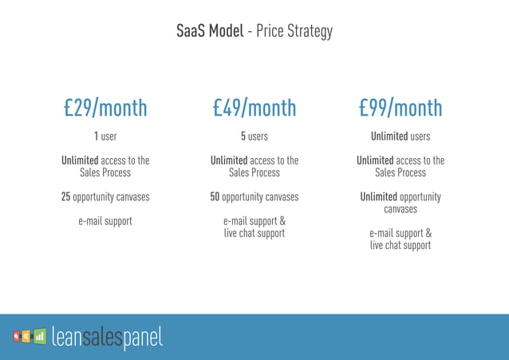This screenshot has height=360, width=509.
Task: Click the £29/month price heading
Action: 105,108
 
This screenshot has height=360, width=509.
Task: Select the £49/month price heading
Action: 254,108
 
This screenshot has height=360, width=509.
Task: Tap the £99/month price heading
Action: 400,108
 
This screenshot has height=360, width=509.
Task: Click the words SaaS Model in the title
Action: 210,32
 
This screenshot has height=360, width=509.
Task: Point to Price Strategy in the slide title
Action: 294,33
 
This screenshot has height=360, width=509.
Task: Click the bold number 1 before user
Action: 97,136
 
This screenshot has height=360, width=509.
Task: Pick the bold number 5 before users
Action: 243,136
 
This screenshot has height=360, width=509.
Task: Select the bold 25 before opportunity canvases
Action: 66,196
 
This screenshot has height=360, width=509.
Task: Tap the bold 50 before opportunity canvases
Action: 215,196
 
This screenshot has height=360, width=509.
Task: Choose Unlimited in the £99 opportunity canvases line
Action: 383,196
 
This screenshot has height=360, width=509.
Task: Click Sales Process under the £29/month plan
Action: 105,172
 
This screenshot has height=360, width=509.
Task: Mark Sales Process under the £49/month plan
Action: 254,172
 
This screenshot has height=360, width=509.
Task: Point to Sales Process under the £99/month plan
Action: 400,172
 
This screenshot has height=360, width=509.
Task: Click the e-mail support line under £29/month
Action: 105,221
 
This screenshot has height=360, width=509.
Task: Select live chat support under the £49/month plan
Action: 254,233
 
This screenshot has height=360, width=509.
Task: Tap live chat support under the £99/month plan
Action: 400,245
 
